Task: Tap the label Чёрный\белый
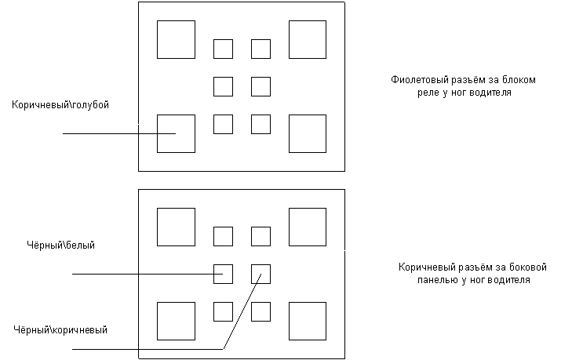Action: point(60,245)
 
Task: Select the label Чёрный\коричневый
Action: point(61,330)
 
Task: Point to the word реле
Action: point(428,92)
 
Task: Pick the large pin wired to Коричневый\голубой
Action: point(176,133)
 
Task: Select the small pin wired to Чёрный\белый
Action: point(223,274)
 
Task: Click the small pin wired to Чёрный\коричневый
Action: point(260,274)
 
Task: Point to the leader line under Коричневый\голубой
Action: point(110,133)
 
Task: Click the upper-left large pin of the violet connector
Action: point(176,39)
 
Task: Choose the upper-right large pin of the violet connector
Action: point(308,39)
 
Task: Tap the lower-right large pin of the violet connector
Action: point(308,133)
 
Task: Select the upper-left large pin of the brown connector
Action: point(176,227)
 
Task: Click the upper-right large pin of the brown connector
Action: point(308,227)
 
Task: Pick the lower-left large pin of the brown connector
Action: point(176,321)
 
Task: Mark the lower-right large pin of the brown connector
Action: point(308,321)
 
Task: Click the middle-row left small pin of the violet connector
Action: point(223,86)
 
